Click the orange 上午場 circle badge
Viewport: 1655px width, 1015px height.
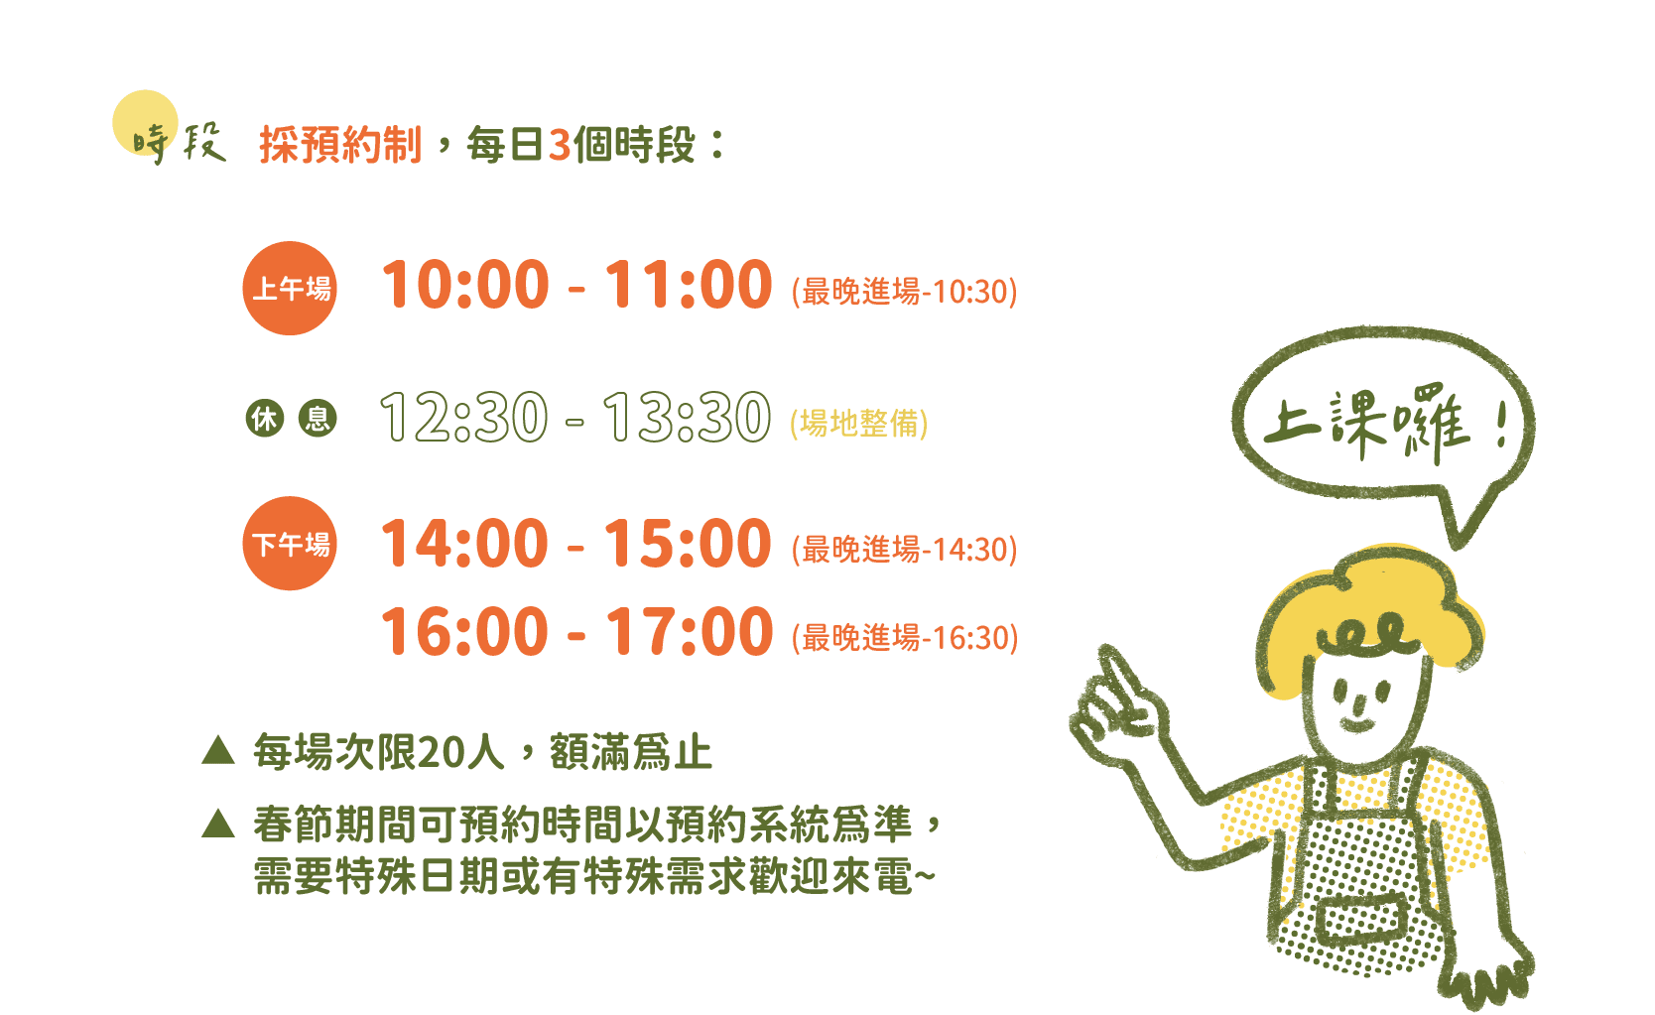290,288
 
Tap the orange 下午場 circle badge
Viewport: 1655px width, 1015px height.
290,543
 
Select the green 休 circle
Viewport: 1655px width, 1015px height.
265,418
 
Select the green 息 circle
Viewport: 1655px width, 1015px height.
318,418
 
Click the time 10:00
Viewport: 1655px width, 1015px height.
464,285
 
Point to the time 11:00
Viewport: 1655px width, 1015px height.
689,285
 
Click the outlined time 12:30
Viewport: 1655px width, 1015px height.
464,418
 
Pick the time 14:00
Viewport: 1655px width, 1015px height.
464,543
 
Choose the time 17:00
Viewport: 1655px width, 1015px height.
689,632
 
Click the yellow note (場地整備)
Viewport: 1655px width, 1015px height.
858,424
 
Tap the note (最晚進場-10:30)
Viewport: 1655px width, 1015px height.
904,291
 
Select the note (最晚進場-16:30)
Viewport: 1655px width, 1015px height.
904,638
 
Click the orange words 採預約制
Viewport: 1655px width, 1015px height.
340,144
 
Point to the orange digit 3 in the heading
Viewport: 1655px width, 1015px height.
560,145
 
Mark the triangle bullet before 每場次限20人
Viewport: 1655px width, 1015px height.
218,750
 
